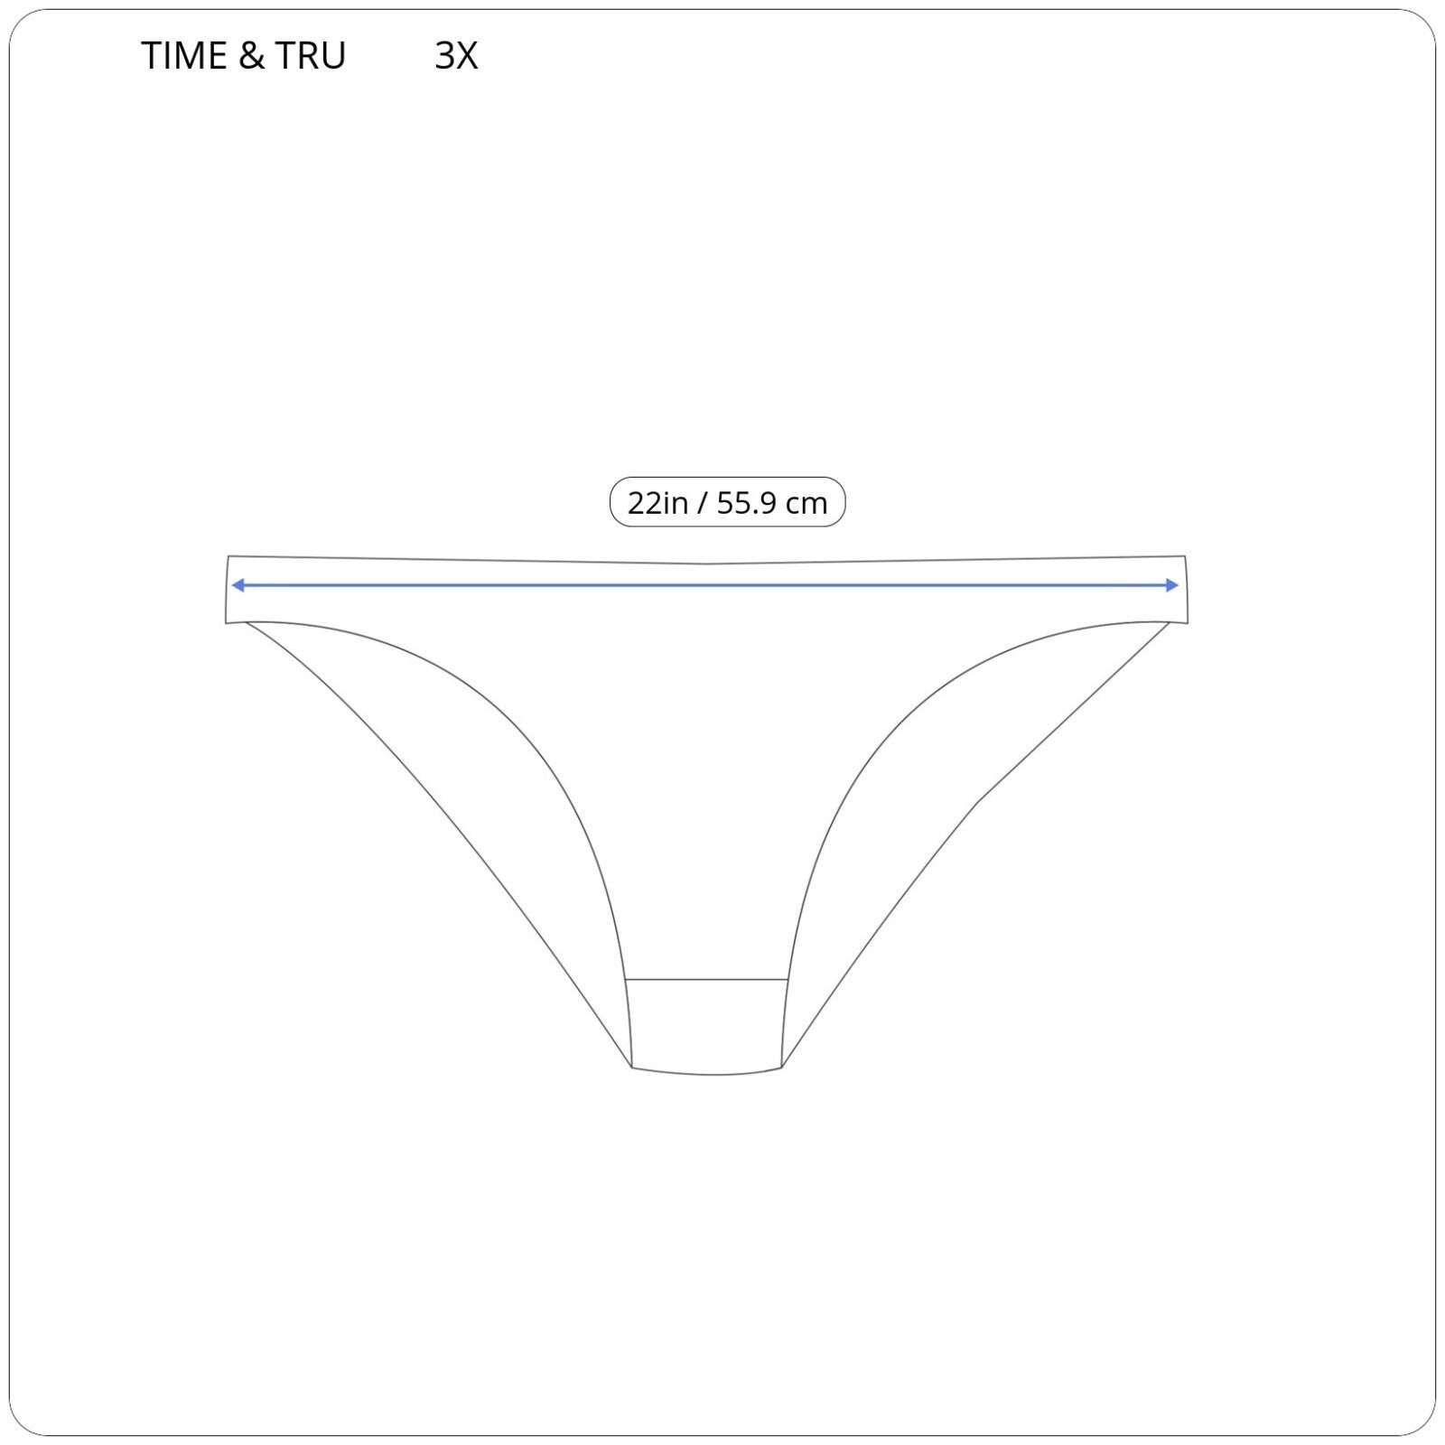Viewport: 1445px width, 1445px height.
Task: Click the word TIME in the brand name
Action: tap(184, 56)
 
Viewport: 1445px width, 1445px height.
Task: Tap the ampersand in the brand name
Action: tap(252, 56)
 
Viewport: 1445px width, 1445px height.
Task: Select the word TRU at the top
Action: tap(311, 56)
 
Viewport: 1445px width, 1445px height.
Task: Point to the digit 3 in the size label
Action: tap(444, 56)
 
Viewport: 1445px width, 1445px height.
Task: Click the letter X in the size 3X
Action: tap(466, 56)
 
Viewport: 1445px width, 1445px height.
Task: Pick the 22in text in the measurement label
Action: tap(657, 503)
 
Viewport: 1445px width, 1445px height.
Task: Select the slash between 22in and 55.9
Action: tap(703, 503)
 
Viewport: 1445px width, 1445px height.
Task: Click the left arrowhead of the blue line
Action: tap(238, 585)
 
